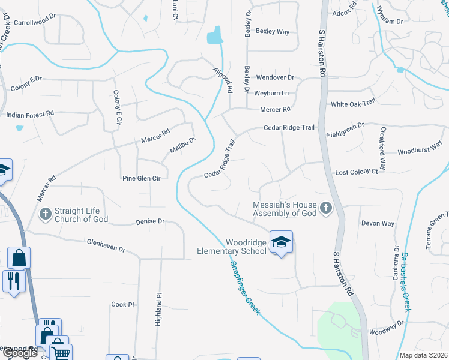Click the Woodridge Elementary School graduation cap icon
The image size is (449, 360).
[280, 242]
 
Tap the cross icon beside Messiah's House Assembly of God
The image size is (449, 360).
[326, 208]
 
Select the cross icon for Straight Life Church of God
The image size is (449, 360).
[45, 214]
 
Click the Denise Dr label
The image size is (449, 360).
[150, 221]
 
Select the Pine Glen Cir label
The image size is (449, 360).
[141, 178]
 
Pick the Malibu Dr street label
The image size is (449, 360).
[182, 145]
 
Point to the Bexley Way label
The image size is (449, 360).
[273, 31]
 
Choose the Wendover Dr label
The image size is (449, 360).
[275, 77]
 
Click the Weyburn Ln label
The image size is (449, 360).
[271, 93]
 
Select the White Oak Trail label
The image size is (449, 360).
[353, 104]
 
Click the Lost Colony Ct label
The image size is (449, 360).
[356, 172]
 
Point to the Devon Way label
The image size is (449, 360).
[378, 223]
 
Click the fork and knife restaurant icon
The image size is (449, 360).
[12, 280]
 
